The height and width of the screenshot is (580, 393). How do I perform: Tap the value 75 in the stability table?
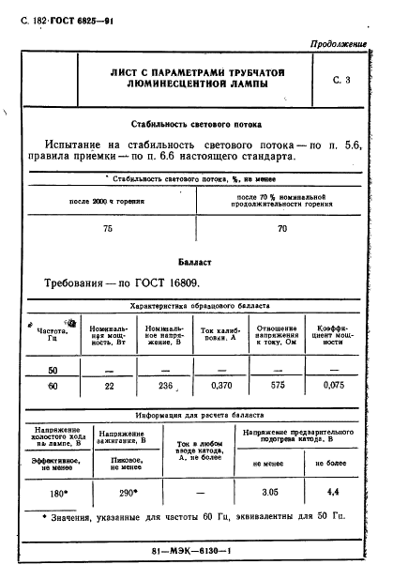coord(107,228)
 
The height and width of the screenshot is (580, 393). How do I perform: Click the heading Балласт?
coord(195,262)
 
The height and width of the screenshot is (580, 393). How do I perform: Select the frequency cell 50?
coord(53,370)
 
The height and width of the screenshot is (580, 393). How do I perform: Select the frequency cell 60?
coord(53,386)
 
